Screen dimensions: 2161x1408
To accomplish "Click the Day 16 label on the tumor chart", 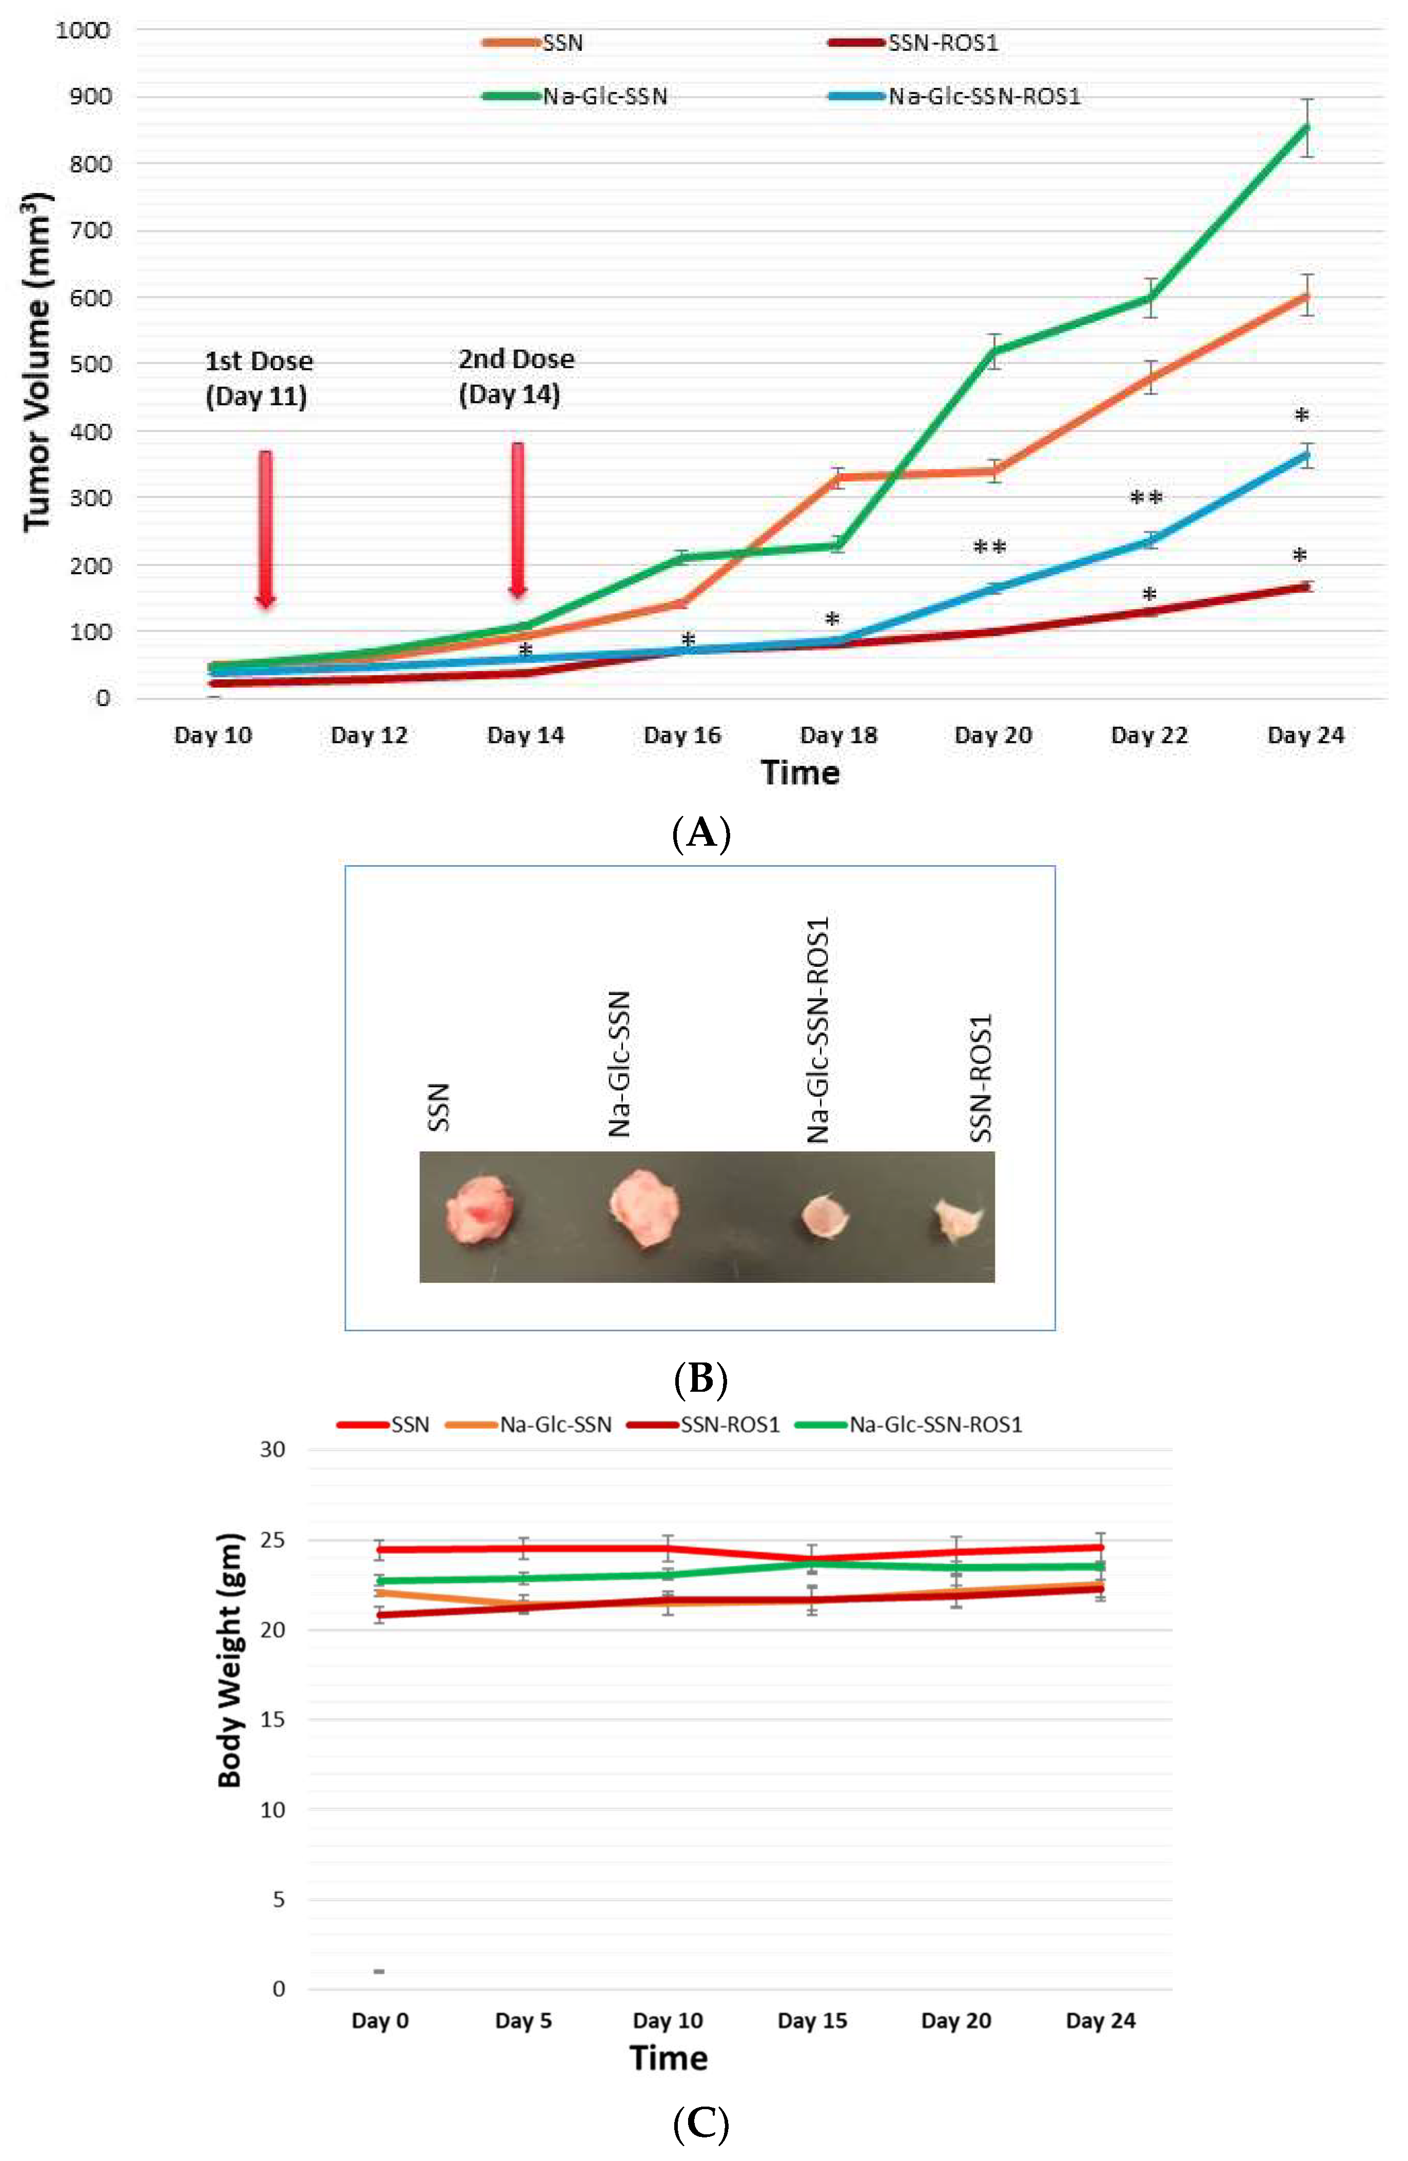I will pos(682,735).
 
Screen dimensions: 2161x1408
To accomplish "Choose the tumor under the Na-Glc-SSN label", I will pos(643,1208).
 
